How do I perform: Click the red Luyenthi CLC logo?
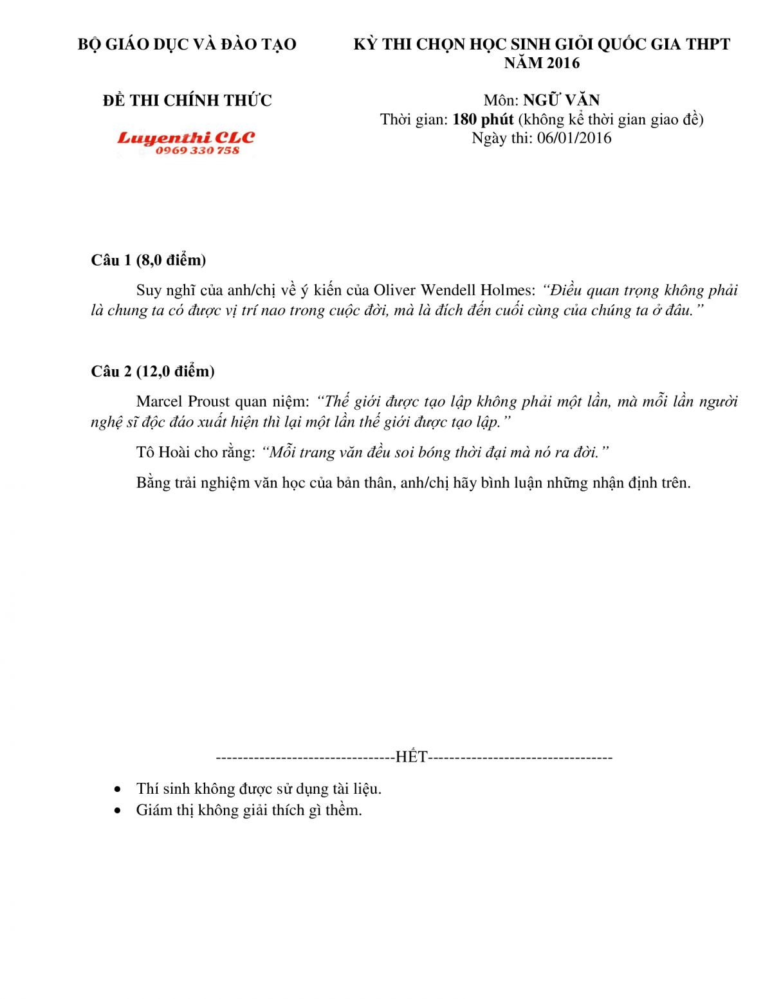pos(186,137)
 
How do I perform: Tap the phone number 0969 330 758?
pos(198,151)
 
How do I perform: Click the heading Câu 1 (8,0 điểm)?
pos(149,260)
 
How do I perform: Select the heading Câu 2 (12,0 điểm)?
pos(153,371)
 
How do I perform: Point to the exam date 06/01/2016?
pos(574,138)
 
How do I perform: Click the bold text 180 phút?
pos(483,119)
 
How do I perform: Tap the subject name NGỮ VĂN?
pos(561,100)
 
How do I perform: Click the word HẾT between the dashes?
pos(412,756)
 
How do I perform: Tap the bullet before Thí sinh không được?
pos(117,789)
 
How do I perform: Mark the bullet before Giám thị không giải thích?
pos(117,810)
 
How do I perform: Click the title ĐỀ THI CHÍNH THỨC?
pos(187,100)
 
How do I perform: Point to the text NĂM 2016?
pos(542,63)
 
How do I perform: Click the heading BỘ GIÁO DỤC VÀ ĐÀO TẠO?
pos(187,44)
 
